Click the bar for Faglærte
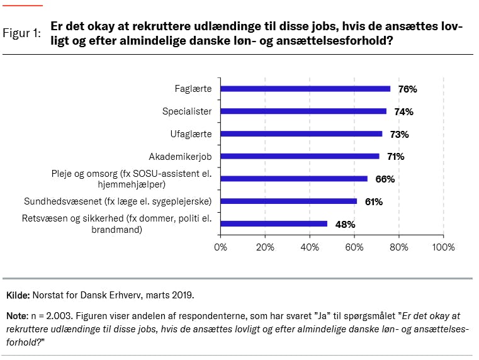click(x=305, y=89)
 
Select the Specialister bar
click(x=303, y=111)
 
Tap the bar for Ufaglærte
click(x=301, y=133)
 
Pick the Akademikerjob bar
click(x=300, y=156)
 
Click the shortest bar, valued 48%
click(x=274, y=223)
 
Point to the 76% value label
click(x=407, y=89)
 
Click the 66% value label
click(x=385, y=179)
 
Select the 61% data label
click(x=374, y=201)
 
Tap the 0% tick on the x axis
click(x=221, y=247)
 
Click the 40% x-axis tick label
click(x=310, y=247)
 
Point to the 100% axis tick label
click(x=444, y=247)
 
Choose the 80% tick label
click(x=399, y=247)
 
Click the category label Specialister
click(x=187, y=111)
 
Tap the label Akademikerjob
click(x=181, y=156)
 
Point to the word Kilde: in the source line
click(x=17, y=295)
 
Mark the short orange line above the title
click(x=23, y=6)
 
